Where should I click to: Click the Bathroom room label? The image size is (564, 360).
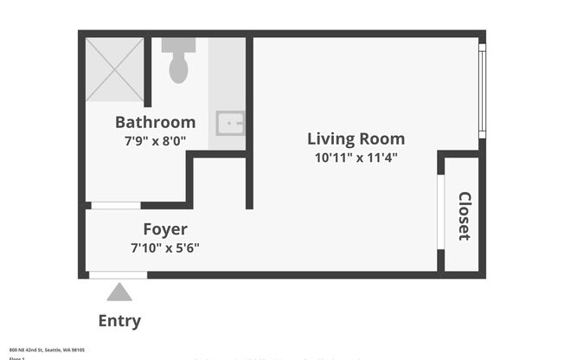(x=155, y=122)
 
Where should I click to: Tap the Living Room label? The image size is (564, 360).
(x=356, y=138)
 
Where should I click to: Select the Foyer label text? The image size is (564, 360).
(x=164, y=229)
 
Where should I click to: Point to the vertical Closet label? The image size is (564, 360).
(x=464, y=215)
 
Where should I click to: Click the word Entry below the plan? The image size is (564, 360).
(x=119, y=321)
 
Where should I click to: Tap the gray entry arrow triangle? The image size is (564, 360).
(x=119, y=292)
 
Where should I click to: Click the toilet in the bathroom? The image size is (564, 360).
(x=178, y=67)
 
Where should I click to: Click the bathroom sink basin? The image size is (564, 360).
(x=229, y=123)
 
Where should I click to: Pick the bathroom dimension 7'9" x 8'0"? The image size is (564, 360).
(x=155, y=140)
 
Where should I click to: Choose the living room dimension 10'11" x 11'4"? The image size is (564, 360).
(x=356, y=157)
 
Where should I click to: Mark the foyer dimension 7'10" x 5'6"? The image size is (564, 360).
(x=164, y=247)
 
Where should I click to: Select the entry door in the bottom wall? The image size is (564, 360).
(x=118, y=275)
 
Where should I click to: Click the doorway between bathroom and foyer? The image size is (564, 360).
(x=115, y=206)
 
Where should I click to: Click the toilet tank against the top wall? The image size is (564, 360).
(x=178, y=45)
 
